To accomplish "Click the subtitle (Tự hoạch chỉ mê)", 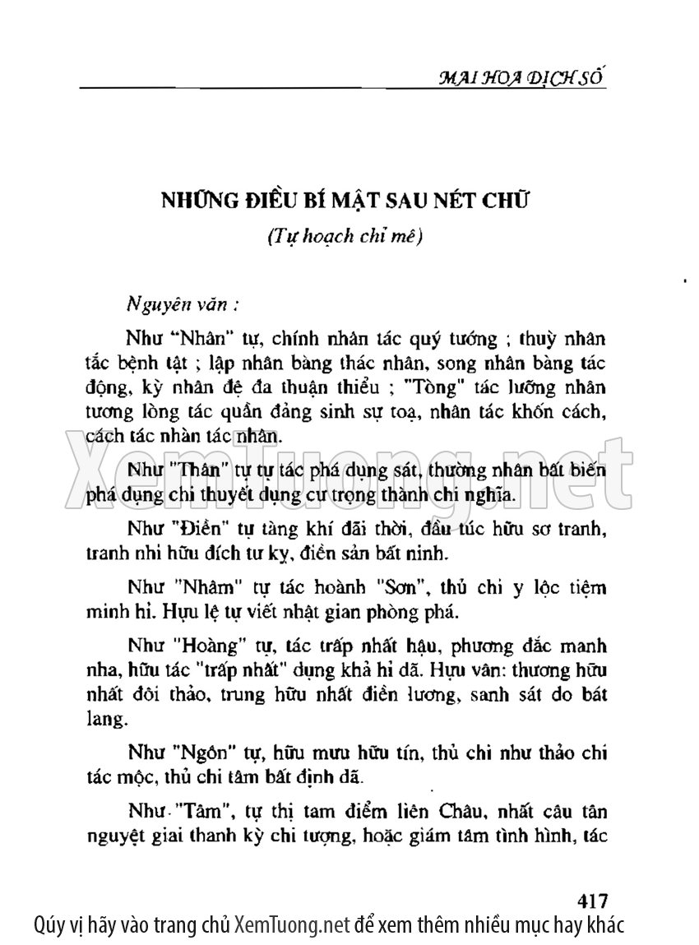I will (x=345, y=236).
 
